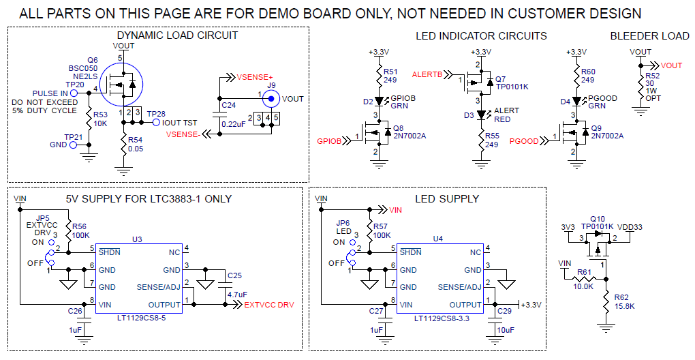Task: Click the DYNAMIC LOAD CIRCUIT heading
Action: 177,36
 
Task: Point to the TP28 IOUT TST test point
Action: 156,123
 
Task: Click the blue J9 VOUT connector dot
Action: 271,99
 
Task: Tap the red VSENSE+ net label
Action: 254,76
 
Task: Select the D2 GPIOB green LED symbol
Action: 379,102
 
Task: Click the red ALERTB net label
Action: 427,74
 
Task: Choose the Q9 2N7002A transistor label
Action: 606,132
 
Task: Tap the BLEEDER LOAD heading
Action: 649,36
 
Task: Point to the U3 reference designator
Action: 137,239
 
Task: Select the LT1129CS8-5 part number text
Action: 139,318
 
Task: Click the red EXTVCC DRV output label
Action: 269,305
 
